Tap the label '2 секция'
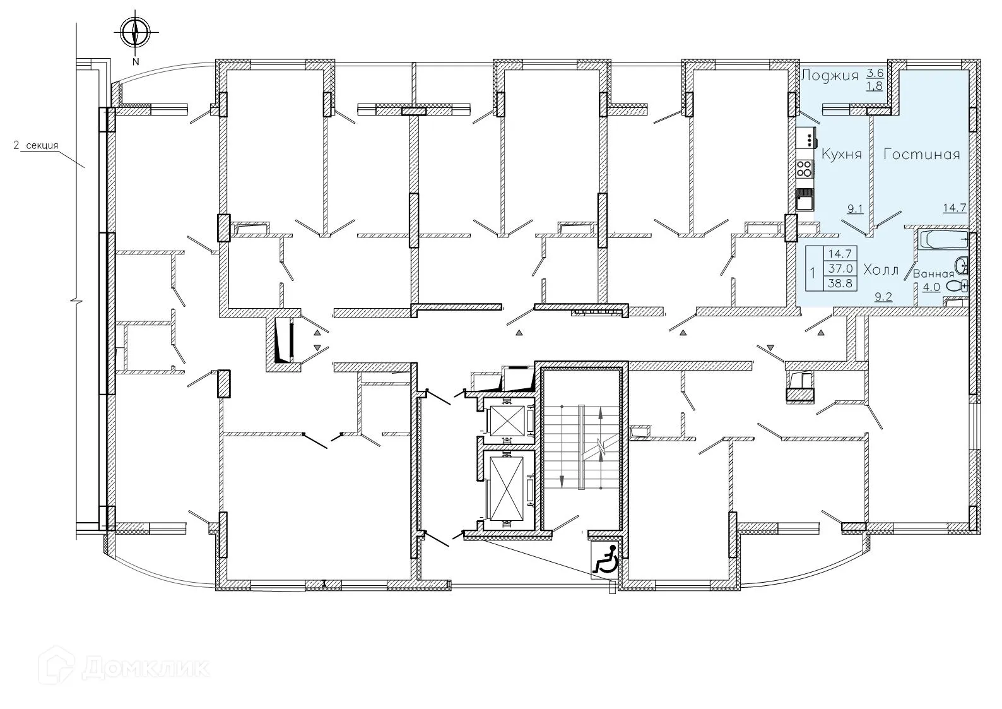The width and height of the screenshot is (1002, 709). (36, 146)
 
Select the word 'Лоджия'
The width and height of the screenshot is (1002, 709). (830, 76)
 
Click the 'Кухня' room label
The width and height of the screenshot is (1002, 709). (841, 155)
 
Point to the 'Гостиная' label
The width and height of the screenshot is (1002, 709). (921, 155)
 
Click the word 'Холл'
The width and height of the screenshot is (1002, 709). (880, 270)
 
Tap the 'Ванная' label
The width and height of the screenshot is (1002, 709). (933, 274)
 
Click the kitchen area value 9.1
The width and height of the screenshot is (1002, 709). (855, 209)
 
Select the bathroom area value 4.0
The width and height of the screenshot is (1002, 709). (931, 287)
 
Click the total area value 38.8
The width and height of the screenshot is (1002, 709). (839, 284)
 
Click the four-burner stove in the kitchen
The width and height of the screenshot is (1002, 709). (805, 168)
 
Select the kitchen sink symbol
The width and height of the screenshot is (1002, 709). (804, 200)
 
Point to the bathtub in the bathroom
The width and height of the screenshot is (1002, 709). (944, 239)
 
